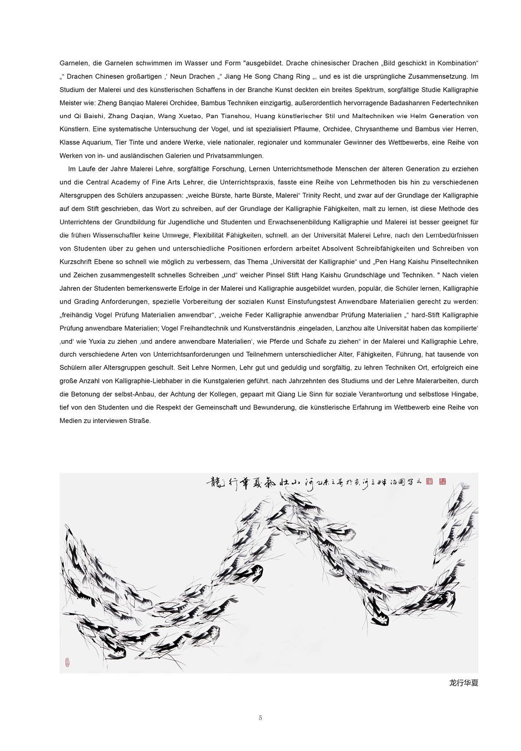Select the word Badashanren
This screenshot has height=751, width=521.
click(411, 103)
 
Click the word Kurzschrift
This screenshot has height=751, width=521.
click(77, 262)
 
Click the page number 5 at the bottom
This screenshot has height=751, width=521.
click(260, 718)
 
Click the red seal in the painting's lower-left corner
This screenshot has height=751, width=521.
click(67, 662)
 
